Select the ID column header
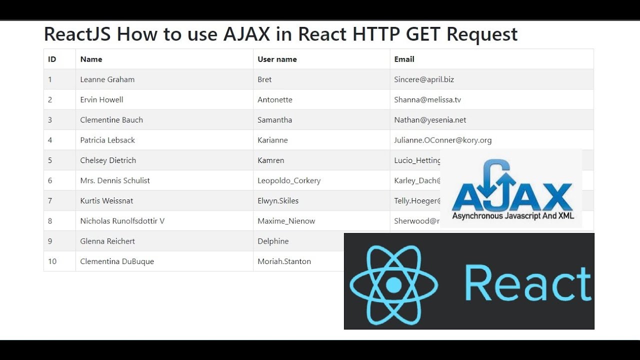pos(52,59)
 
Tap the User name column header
pos(277,59)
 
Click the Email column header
pos(404,59)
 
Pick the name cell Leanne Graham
pos(107,79)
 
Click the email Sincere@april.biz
pos(424,79)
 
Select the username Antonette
pos(274,99)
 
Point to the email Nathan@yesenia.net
pos(430,120)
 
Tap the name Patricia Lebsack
pos(107,140)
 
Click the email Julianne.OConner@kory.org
pos(442,140)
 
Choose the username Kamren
pos(270,160)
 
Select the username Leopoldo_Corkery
pos(289,180)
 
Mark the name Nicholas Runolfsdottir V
pos(122,221)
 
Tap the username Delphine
pos(273,241)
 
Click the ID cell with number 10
pos(52,261)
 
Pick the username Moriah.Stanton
pos(284,261)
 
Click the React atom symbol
pos(393,284)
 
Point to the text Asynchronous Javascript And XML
pos(513,216)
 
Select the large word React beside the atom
pos(528,283)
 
